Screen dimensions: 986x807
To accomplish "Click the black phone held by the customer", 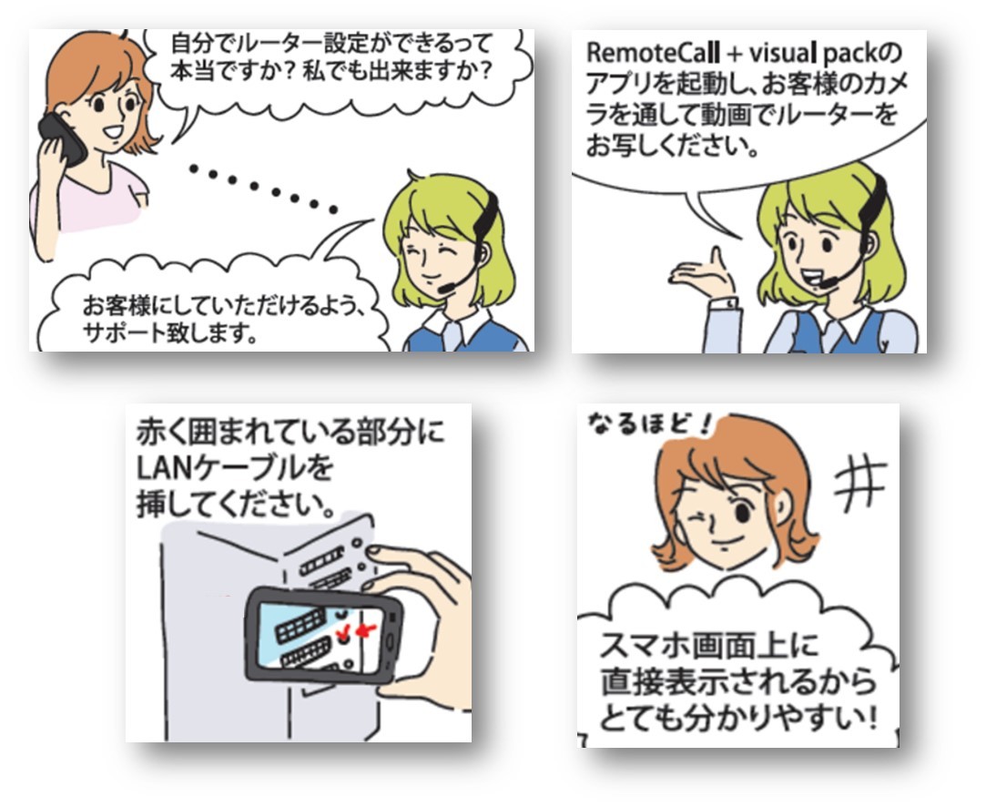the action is pos(62,139).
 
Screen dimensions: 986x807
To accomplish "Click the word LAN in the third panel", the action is pos(166,467).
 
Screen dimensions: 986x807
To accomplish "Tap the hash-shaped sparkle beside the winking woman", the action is pos(860,485).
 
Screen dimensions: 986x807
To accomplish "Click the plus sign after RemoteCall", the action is pos(734,55).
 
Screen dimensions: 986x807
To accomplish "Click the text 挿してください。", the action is pos(236,504).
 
